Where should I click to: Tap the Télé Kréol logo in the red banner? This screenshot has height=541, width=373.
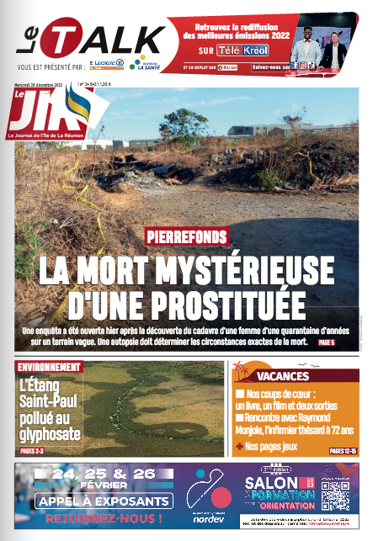[x=242, y=50]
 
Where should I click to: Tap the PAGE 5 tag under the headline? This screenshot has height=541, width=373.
[x=326, y=342]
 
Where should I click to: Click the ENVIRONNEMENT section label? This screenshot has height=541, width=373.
[x=50, y=367]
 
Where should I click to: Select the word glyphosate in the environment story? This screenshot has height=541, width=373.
[x=50, y=434]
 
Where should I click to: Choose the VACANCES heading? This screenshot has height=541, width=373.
[x=282, y=376]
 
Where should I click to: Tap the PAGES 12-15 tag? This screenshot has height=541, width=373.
[x=343, y=451]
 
